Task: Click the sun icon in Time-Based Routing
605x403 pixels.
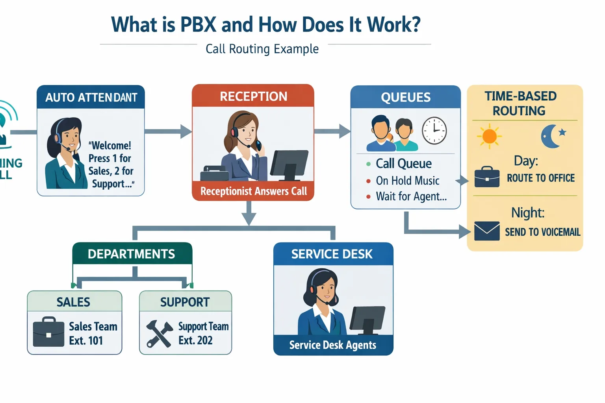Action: click(x=489, y=136)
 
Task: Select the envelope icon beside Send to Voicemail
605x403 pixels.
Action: click(x=487, y=231)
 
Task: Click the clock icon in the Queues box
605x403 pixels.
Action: click(x=434, y=131)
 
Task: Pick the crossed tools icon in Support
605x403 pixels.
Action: click(x=159, y=334)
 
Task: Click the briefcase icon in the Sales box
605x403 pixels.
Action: click(x=48, y=333)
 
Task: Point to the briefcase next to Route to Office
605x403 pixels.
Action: click(x=487, y=177)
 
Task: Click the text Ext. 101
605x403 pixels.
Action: click(x=86, y=340)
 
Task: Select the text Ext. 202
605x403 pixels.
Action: click(x=195, y=340)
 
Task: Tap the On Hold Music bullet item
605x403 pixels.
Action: click(x=407, y=181)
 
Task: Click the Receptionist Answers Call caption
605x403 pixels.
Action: click(x=253, y=191)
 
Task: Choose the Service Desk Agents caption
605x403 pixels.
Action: click(x=333, y=345)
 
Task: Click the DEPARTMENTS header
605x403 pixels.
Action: click(x=131, y=254)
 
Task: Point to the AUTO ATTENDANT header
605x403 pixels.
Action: click(x=91, y=98)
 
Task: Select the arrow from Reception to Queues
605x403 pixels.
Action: click(x=332, y=131)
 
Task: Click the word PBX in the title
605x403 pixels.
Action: click(x=198, y=24)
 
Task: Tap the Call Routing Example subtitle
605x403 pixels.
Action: click(x=262, y=49)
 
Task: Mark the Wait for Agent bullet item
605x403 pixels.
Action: click(x=411, y=196)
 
